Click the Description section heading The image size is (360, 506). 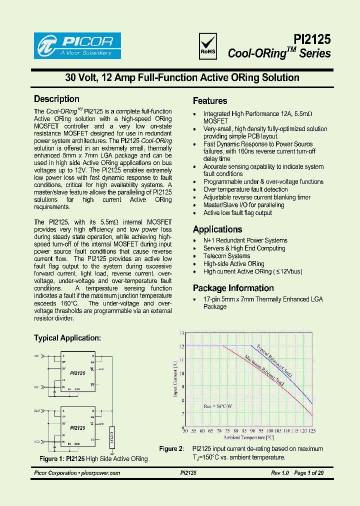click(56, 99)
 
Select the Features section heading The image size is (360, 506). click(210, 100)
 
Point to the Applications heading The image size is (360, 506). click(217, 229)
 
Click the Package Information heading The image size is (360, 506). click(233, 288)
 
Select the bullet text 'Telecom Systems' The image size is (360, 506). click(226, 256)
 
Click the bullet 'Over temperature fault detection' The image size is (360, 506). click(245, 189)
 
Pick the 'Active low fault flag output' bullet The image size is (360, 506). click(237, 213)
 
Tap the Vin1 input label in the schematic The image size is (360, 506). click(37, 356)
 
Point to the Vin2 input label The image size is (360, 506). click(37, 410)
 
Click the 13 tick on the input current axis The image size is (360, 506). click(182, 333)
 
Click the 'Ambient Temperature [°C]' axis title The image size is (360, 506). click(249, 437)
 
